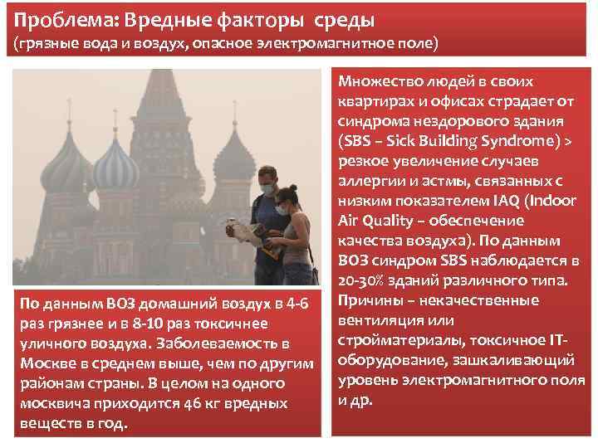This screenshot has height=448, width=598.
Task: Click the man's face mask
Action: tap(267, 190)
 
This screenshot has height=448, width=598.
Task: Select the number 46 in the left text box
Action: tap(193, 403)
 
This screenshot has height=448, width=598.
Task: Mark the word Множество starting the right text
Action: tap(377, 81)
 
